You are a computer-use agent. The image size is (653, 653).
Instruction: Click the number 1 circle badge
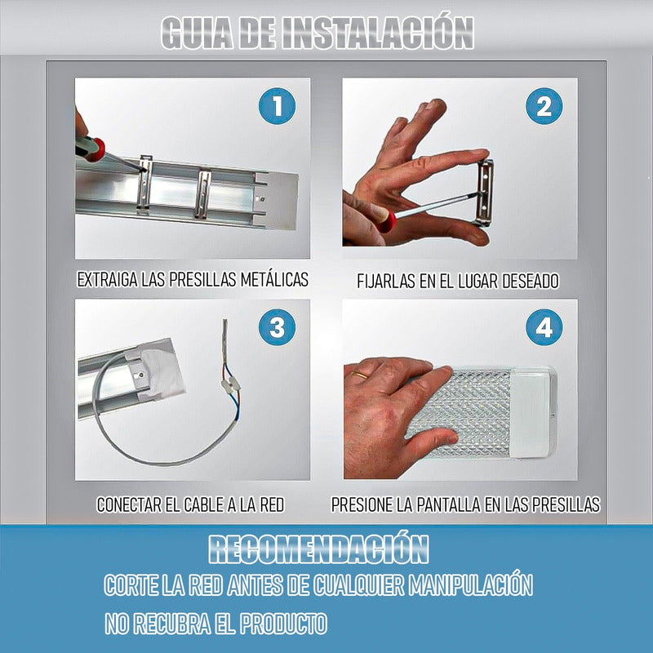click(x=278, y=107)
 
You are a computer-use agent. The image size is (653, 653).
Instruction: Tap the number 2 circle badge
click(x=544, y=107)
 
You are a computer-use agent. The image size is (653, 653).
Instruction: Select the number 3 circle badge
click(x=278, y=327)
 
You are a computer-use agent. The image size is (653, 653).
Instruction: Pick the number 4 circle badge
click(x=544, y=327)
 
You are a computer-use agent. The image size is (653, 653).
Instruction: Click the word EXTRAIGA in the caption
click(x=107, y=280)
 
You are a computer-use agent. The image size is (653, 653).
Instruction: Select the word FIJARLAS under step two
click(x=388, y=282)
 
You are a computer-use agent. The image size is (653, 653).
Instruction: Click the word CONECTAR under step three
click(x=129, y=505)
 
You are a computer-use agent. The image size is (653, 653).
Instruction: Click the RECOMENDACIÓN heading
click(x=318, y=549)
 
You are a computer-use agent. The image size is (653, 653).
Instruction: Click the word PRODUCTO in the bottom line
click(x=282, y=624)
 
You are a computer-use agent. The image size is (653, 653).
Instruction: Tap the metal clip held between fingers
click(x=486, y=193)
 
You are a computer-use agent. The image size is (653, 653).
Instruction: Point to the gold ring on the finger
click(x=358, y=373)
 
